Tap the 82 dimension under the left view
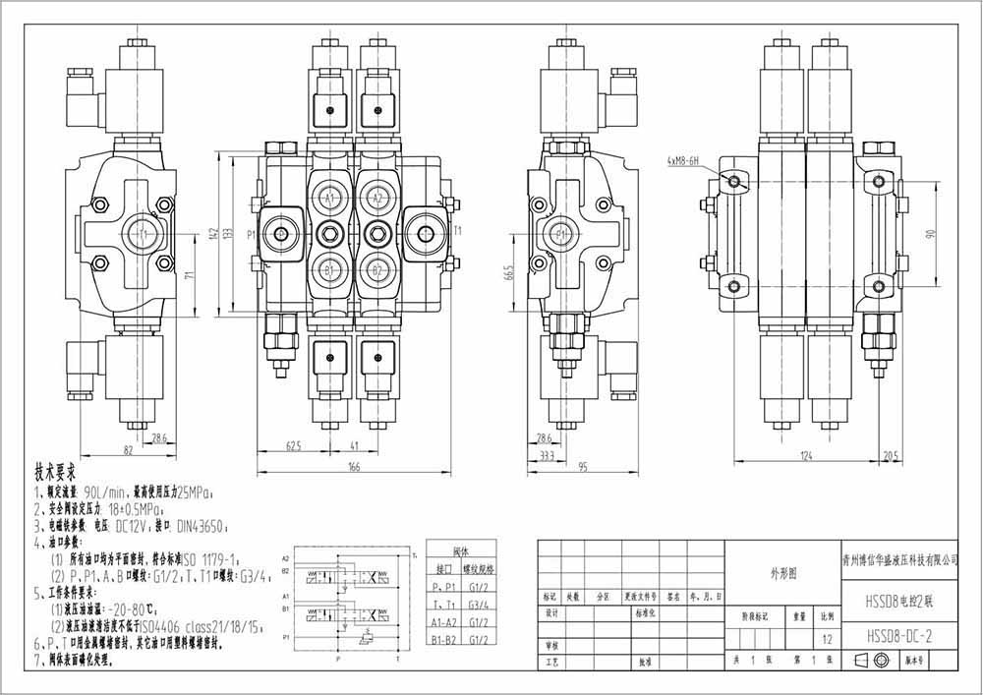click(x=128, y=449)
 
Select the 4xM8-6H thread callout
click(x=682, y=159)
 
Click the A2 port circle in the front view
click(x=376, y=198)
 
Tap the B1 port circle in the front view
click(x=330, y=269)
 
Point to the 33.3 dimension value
click(x=546, y=457)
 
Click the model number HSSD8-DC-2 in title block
click(x=898, y=636)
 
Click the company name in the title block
click(x=900, y=559)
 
